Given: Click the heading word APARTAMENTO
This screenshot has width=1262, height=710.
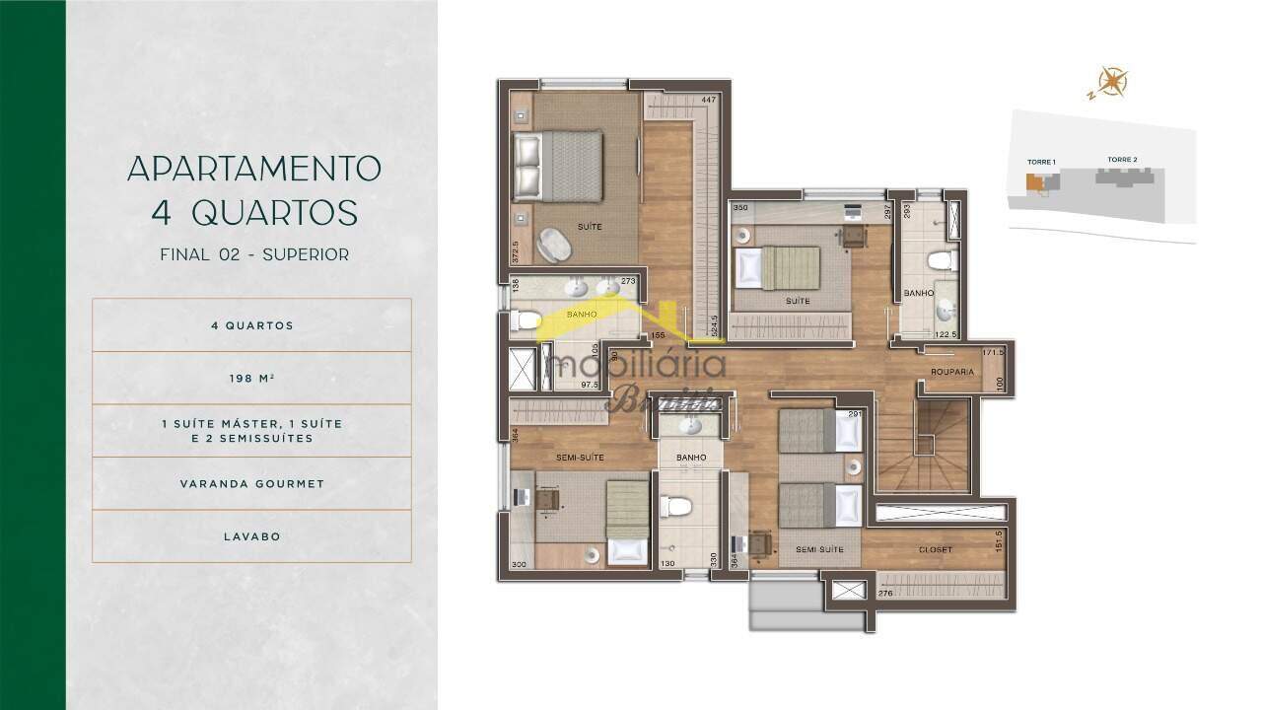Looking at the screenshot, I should tap(253, 168).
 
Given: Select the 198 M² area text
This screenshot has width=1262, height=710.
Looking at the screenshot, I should tap(251, 378).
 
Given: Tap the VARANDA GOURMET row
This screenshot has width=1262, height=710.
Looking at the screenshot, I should tap(251, 484).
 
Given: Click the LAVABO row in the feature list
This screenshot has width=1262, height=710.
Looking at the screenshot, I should tap(251, 536).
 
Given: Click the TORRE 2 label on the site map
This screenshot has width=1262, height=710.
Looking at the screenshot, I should tap(1122, 160).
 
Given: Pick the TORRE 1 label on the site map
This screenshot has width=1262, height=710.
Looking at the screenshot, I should tap(1041, 161).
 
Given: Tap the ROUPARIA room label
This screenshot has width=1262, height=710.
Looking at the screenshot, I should tap(952, 372).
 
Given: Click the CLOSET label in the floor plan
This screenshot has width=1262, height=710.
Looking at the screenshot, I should tap(935, 548).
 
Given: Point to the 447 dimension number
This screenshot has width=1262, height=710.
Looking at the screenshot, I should tap(708, 100).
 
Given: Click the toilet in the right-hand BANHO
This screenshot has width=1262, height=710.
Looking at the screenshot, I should tap(941, 260).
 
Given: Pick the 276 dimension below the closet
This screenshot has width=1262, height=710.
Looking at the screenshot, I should tap(885, 593).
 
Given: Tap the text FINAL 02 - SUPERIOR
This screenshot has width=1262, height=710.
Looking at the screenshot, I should tap(253, 254).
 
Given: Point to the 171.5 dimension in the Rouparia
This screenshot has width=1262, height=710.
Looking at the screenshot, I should tap(992, 352).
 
